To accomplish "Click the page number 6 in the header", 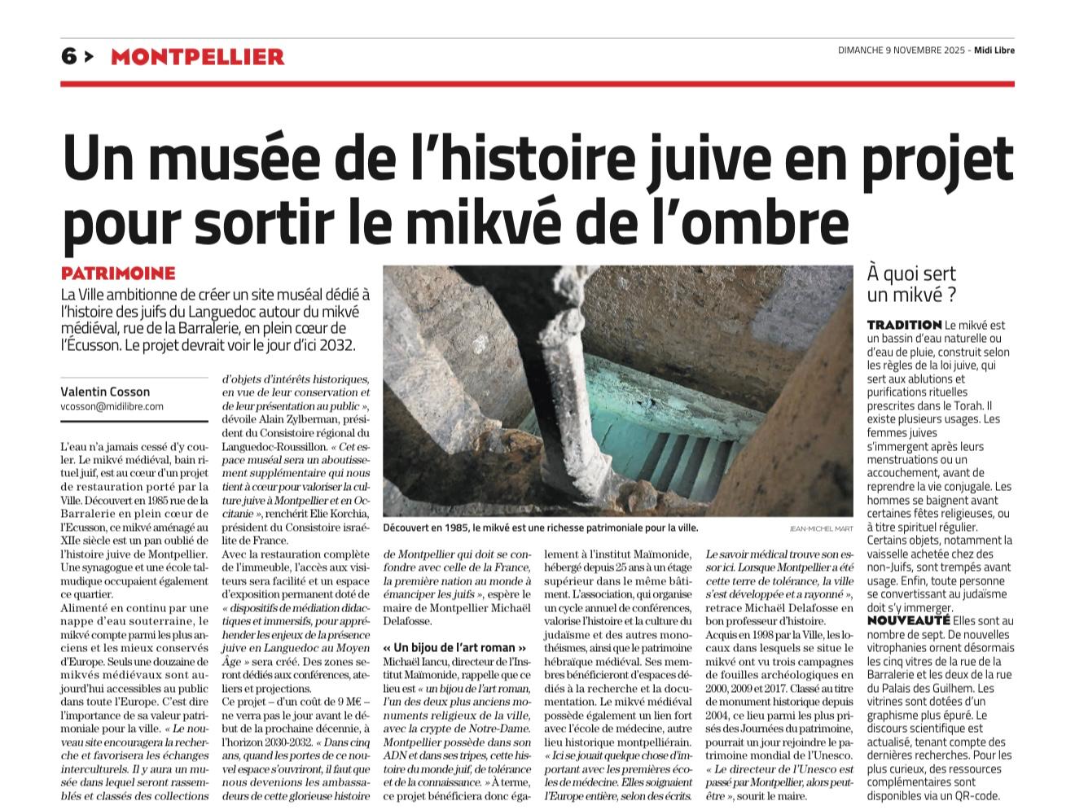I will [x=69, y=56].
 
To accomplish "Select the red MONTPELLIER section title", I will [x=197, y=57].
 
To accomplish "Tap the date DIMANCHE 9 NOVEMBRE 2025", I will [x=902, y=50].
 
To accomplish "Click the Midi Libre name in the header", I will [x=995, y=50].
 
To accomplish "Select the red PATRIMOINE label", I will [x=118, y=274].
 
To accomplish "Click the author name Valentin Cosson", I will [x=105, y=392].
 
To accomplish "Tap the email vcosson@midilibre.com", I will [x=112, y=406].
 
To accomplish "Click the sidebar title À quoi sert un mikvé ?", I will [x=911, y=284].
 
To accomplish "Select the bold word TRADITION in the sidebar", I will [x=904, y=325].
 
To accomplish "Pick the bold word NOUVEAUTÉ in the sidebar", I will [x=903, y=621].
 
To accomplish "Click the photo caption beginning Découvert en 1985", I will [x=541, y=528].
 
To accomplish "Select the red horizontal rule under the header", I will [x=537, y=84].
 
